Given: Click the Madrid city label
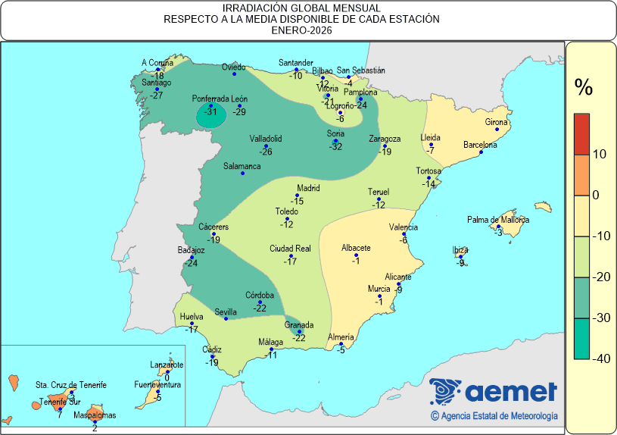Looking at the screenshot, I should coord(308,188).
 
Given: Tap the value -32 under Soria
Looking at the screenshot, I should coord(336,146).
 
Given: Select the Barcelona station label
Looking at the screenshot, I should coord(479,145).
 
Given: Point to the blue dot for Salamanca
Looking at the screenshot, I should coord(242,174).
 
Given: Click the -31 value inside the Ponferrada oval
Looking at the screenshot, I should coord(211,112).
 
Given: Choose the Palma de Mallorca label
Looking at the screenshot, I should coord(497,220).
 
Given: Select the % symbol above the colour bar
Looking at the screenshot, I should coord(583,88).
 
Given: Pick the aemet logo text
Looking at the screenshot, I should coord(511,392).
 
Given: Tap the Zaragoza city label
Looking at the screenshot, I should coord(385,139).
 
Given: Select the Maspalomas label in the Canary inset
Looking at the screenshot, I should coord(95,415).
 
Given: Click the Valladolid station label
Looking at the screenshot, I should coord(266,139).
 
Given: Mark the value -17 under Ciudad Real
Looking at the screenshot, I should coord(290,261).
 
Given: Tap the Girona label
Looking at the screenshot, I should coord(496,122).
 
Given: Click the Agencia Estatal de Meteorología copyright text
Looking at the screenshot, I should coord(494,415).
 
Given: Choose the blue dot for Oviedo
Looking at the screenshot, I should coord(234,74).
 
